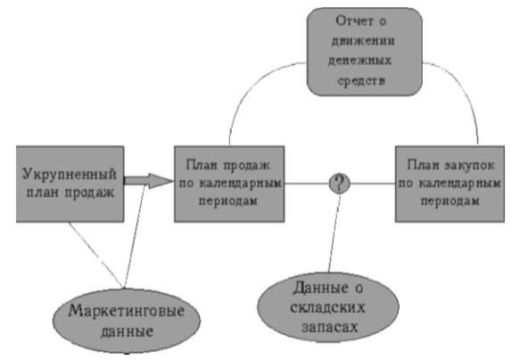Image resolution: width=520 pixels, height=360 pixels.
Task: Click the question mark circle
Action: tap(339, 184)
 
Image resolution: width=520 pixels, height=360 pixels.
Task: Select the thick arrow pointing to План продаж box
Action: tap(149, 181)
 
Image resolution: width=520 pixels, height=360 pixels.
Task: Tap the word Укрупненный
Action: tap(70, 174)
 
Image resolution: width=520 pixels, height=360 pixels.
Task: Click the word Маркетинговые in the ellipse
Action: tap(127, 311)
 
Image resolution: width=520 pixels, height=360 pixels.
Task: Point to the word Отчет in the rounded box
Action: tap(352, 21)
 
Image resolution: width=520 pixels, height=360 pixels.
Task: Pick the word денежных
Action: tap(360, 61)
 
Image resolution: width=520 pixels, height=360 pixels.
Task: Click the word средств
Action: tap(361, 80)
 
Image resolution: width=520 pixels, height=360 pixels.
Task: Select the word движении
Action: tap(363, 41)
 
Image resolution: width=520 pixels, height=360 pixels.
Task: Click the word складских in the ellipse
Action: tap(327, 307)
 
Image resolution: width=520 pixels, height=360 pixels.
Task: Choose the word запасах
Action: tap(330, 327)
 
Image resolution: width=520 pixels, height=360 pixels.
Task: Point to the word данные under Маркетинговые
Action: tap(127, 331)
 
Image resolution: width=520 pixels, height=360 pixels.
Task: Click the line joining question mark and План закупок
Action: tap(373, 184)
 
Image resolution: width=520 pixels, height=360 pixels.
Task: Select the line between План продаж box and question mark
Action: tap(307, 184)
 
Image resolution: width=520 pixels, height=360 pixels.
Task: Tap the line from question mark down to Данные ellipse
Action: tap(334, 233)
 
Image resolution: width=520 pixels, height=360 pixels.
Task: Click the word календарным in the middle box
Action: tap(240, 184)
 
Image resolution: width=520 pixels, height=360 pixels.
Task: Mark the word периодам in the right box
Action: tap(450, 201)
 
